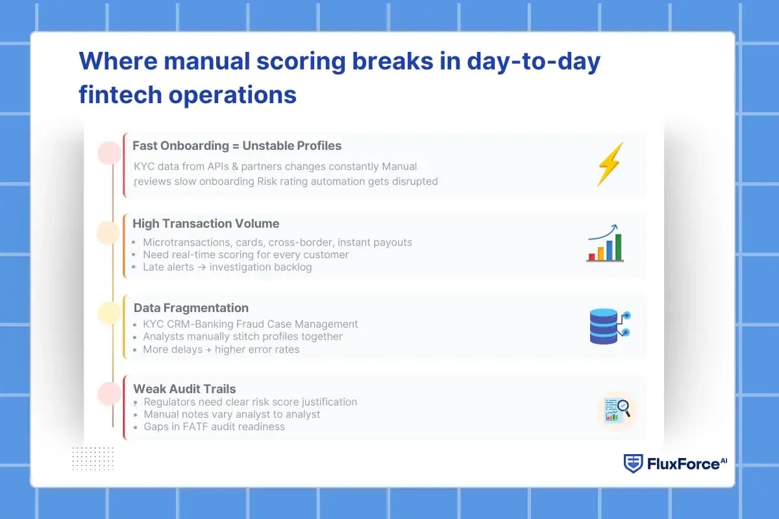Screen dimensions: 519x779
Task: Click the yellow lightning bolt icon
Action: (x=610, y=164)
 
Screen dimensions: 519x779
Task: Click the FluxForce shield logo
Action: (x=633, y=463)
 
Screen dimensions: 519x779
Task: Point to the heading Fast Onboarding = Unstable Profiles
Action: (x=237, y=145)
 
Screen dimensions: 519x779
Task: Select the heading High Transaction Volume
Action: (x=206, y=224)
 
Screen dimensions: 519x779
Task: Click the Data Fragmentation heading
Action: (x=191, y=308)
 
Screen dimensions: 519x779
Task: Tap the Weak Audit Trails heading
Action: (x=184, y=389)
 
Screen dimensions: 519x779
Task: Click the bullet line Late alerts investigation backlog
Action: (x=227, y=267)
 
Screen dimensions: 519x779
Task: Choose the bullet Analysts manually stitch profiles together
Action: (x=242, y=337)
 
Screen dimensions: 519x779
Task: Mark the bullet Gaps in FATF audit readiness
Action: (x=214, y=426)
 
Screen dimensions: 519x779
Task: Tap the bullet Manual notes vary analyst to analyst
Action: (x=232, y=414)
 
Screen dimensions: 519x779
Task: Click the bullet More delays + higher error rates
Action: (x=221, y=350)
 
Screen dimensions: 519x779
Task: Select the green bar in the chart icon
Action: (x=618, y=247)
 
